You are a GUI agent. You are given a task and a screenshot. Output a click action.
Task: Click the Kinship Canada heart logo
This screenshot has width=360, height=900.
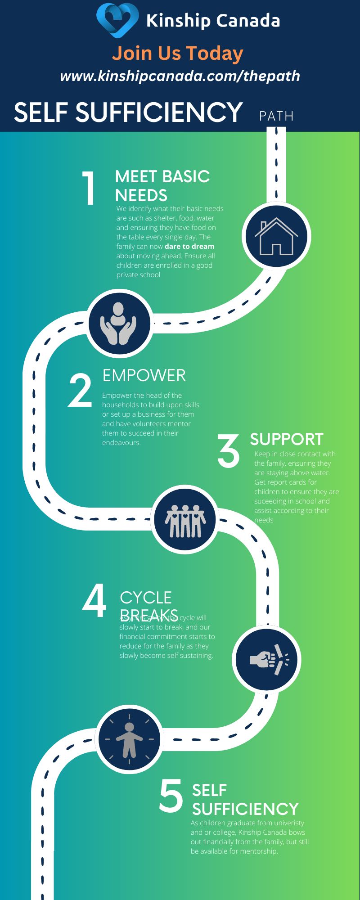pos(117,20)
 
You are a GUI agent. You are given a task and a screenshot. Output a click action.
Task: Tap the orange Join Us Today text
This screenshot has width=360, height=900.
pos(178,53)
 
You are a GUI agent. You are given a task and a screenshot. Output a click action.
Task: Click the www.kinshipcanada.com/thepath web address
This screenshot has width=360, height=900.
pos(180,76)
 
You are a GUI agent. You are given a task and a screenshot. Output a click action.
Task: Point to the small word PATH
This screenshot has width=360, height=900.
pos(276,116)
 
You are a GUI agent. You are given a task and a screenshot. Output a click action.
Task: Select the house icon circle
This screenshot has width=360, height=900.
pos(276,236)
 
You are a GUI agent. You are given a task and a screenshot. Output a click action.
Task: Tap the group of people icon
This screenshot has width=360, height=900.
pos(185,520)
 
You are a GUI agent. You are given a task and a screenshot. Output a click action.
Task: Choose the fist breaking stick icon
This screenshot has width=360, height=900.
pos(267,659)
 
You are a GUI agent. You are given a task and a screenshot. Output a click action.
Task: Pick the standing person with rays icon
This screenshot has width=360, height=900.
pos(130,739)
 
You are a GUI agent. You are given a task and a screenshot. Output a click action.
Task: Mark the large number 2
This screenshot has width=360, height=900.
pos(80,391)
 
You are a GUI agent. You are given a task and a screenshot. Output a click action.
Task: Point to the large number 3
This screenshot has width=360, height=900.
pos(229,451)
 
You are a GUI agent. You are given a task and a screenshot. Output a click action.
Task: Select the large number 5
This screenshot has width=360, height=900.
pos(171,797)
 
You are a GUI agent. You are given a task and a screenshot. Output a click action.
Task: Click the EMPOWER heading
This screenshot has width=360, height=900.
pos(144,375)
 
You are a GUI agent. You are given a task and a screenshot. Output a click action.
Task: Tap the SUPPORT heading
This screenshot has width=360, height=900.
pos(287,439)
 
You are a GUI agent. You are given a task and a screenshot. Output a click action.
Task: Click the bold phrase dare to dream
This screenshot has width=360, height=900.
pos(189,247)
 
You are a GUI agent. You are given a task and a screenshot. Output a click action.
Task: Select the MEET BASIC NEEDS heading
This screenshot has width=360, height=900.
pos(162,186)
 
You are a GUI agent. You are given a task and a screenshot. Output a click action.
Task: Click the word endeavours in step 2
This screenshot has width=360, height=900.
pos(121,443)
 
